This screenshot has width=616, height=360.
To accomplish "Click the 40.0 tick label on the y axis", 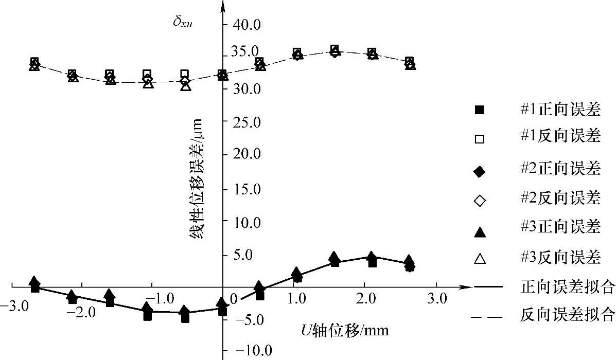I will tap(248, 25).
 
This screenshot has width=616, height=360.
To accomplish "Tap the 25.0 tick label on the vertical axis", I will tap(248, 122).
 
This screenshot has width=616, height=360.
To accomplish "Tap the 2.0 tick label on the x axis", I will tap(365, 299).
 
